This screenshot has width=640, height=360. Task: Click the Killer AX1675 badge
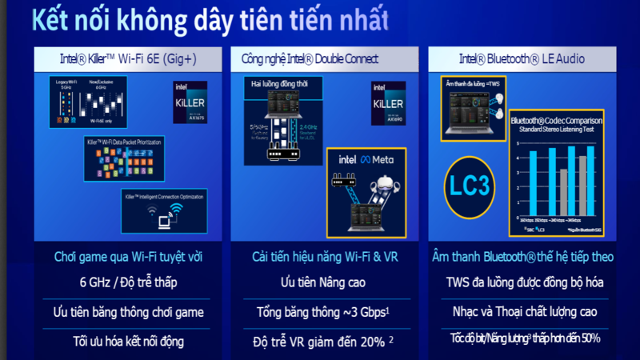tap(190, 101)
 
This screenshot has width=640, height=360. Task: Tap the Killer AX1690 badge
tap(387, 102)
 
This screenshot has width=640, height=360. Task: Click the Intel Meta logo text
tap(368, 159)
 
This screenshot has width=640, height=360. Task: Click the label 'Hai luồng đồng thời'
tap(282, 83)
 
